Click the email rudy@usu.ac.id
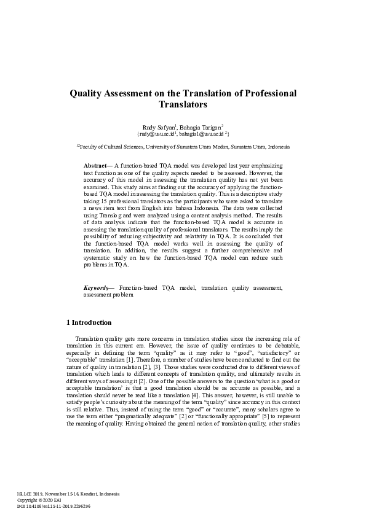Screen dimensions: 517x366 tap(157, 133)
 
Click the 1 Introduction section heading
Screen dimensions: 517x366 tap(89, 322)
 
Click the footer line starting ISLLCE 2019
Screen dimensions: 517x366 tap(68, 494)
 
